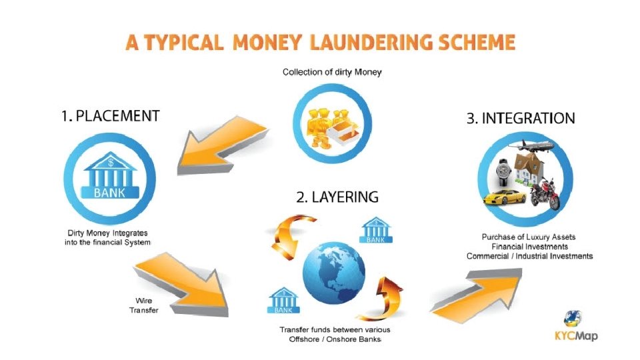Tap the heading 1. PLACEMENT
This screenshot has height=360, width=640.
[x=110, y=116]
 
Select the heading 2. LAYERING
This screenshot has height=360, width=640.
[x=337, y=197]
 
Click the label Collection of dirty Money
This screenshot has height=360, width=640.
[x=332, y=72]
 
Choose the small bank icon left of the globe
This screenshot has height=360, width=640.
[x=283, y=301]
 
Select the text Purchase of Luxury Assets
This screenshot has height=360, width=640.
[x=529, y=237]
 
